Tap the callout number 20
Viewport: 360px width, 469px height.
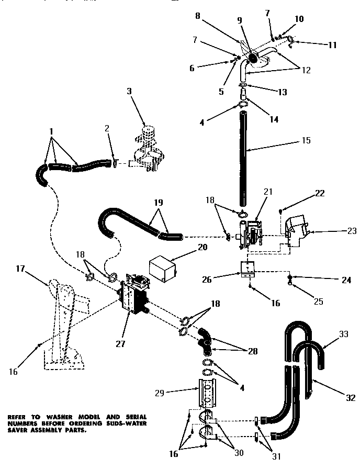[187, 247]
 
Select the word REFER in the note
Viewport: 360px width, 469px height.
[19, 417]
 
